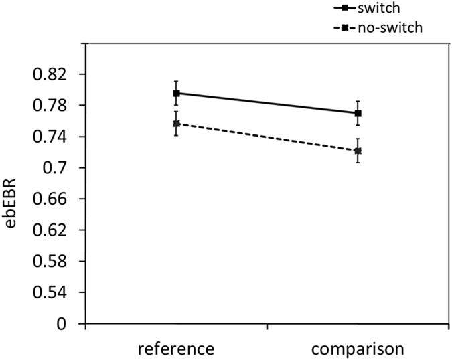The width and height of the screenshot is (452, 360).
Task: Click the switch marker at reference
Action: point(176,93)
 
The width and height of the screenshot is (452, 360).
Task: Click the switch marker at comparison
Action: point(358,113)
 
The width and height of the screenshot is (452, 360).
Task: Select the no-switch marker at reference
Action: point(176,124)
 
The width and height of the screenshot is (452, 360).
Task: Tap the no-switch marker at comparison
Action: point(358,151)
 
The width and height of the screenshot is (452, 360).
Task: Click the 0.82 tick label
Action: point(54,74)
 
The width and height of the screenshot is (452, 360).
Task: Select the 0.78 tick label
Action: point(54,106)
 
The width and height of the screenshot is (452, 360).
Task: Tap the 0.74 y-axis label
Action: point(54,137)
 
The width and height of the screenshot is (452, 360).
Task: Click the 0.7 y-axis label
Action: point(59,168)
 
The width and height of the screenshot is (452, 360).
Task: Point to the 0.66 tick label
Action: point(54,199)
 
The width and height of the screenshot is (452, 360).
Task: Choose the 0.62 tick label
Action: point(54,230)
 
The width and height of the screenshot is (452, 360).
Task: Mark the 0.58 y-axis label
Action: point(54,261)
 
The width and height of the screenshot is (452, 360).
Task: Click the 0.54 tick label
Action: point(54,292)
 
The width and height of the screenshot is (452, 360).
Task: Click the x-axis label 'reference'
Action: point(177,349)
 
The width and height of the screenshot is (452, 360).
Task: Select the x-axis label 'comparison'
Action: point(358,349)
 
